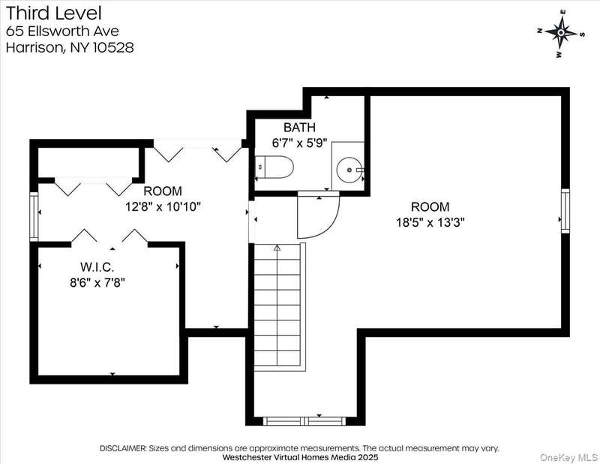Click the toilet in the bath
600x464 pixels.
[274, 167]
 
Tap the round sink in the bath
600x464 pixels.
[349, 170]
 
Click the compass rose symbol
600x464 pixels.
[560, 33]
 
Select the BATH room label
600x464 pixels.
[299, 127]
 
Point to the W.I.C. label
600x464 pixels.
[97, 267]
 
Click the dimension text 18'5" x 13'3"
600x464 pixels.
[430, 222]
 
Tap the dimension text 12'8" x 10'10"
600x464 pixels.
[163, 207]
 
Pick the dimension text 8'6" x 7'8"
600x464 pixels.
[97, 283]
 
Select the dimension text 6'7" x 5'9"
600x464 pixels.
[299, 143]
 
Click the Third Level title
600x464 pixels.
[53, 13]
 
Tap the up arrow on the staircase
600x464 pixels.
[277, 248]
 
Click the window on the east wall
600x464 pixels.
[565, 211]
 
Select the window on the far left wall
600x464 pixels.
[34, 216]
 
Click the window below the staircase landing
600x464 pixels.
[304, 421]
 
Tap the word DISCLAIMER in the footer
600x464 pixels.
[123, 448]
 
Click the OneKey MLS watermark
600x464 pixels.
[568, 457]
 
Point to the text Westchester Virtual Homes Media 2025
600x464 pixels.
[300, 457]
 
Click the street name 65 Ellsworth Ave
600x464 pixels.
[62, 31]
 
